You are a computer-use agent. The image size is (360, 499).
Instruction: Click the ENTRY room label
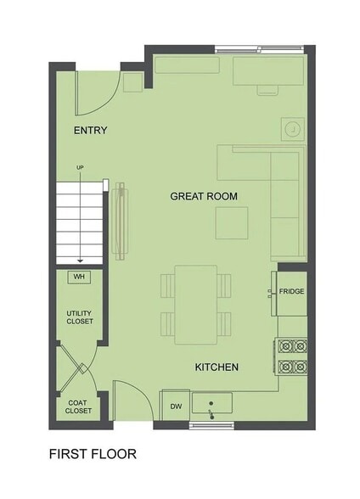coord(90,131)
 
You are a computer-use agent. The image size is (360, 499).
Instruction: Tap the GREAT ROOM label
coord(204,196)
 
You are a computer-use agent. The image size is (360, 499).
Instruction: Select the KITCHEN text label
coord(217,367)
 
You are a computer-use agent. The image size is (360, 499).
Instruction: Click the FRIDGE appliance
coord(291,294)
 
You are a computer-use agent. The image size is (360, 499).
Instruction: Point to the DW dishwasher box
coord(176,406)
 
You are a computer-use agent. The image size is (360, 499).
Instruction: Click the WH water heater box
coord(79,277)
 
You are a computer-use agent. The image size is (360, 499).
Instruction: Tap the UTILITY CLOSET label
coord(80,317)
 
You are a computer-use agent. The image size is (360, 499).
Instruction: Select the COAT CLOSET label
coord(78,406)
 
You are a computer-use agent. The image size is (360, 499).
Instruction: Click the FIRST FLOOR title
coord(93,454)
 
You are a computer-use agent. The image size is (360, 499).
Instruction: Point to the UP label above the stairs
coord(80,167)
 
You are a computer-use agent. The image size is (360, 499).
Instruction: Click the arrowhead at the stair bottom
coord(80,261)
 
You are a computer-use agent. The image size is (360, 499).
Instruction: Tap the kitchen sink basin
coord(212,403)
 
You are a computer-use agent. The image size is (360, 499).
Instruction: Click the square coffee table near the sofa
coord(232,222)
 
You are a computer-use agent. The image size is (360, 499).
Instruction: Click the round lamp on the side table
coord(293,129)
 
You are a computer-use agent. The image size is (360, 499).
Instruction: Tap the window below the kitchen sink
coord(211,425)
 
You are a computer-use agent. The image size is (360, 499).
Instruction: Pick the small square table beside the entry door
coord(132,82)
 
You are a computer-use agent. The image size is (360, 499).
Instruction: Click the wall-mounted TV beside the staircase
coord(121,221)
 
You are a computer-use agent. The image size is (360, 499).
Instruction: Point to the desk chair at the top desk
coord(267,90)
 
